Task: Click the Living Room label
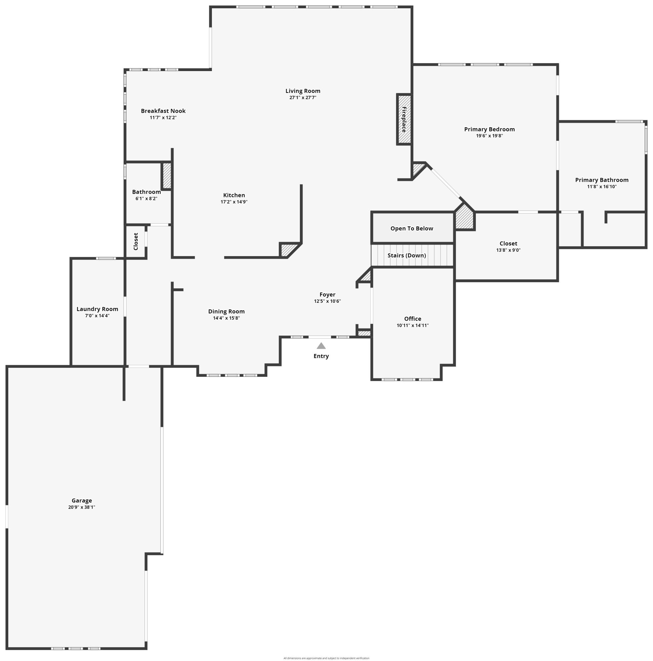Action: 303,91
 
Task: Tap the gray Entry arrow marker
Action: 321,346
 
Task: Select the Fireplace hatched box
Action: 404,119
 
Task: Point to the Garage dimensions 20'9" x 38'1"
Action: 81,507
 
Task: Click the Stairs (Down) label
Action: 407,255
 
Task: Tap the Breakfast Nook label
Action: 163,111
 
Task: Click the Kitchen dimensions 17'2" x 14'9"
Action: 234,202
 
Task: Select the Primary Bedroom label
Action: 489,129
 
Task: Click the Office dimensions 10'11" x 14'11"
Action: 412,325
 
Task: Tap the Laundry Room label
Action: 97,309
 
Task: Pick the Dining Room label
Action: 226,311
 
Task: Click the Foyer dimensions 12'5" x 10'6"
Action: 327,301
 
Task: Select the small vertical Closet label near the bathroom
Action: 136,241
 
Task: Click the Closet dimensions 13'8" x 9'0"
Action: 508,250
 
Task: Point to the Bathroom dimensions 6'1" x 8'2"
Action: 146,198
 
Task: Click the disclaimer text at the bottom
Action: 326,658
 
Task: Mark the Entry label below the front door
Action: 321,356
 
